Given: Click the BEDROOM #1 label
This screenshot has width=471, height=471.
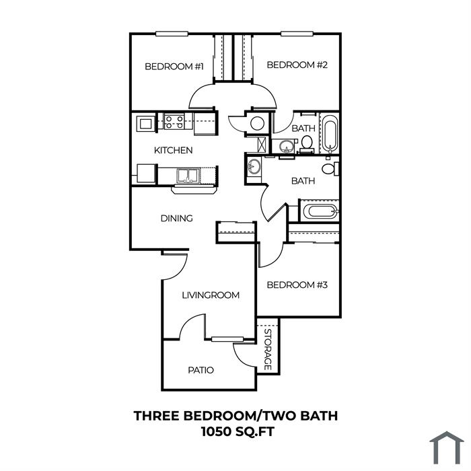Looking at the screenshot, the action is (x=174, y=67).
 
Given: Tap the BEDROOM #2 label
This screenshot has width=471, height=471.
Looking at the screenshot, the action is (x=297, y=65).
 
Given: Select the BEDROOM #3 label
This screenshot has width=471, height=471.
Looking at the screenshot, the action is (x=297, y=285).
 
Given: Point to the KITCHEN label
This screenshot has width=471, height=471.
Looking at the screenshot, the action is (x=174, y=150).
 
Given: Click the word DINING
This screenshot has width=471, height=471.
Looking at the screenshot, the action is (x=176, y=219).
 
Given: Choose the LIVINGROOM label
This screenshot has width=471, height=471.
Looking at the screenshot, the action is (x=211, y=295).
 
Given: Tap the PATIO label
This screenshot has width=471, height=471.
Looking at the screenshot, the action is (x=201, y=370).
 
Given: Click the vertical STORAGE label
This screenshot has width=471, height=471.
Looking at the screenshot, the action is (x=268, y=350).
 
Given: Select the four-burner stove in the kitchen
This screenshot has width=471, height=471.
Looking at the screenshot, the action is (x=174, y=122).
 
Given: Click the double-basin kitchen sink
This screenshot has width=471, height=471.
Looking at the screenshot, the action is (x=188, y=176).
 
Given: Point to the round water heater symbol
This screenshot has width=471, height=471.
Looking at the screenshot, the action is (x=258, y=123).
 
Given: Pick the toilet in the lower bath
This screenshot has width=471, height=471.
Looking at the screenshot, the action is (x=330, y=169).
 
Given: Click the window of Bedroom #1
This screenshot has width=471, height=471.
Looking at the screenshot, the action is (x=172, y=34).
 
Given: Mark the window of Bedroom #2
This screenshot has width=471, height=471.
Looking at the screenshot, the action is (x=297, y=34).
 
